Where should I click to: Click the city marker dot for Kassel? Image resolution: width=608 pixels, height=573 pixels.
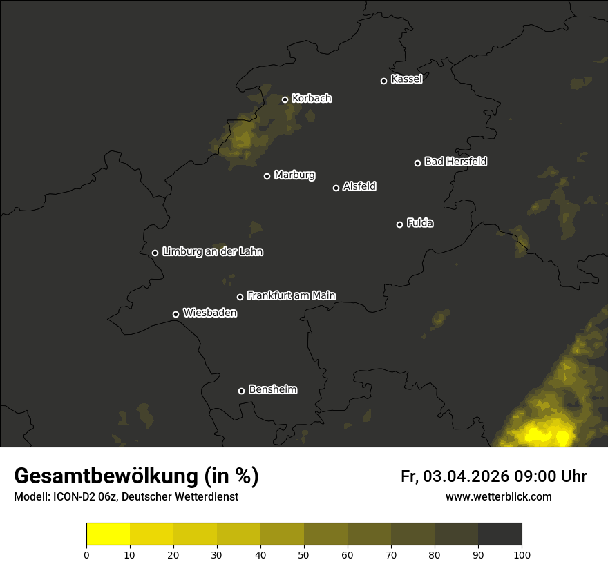383,81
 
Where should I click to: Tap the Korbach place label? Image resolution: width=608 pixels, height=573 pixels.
312,99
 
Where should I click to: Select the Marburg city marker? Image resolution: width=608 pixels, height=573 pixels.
267,176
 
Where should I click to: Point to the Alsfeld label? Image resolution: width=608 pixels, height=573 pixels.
359,186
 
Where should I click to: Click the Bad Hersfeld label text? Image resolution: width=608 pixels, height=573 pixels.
455,162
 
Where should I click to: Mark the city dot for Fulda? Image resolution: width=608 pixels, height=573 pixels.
399,224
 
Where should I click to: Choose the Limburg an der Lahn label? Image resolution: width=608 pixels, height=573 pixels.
212,252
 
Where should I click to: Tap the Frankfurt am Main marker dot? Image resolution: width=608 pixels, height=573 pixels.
240,297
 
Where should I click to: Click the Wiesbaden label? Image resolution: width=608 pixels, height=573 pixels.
209,313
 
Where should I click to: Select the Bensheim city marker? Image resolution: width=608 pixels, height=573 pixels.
241,391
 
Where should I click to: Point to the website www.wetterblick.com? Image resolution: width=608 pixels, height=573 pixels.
498,497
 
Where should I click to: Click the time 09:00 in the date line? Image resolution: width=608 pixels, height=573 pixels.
537,476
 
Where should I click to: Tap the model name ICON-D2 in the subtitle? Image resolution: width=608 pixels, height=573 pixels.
77,497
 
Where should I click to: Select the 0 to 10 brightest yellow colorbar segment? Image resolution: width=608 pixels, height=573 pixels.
108,534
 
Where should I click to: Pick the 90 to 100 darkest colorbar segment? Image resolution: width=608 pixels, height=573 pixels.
500,534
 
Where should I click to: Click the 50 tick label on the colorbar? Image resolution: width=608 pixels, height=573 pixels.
304,554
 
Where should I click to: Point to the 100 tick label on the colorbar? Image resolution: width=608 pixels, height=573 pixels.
522,554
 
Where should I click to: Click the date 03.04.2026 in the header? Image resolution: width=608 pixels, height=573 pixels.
466,476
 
